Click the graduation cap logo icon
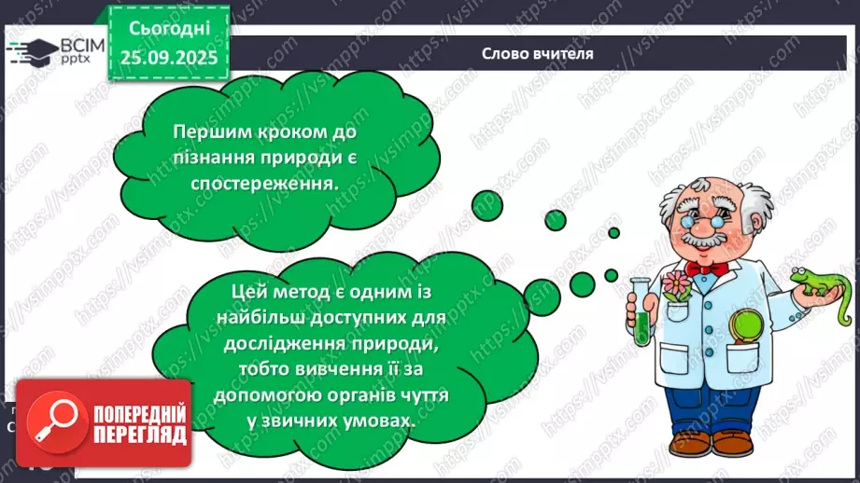point(33,51)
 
